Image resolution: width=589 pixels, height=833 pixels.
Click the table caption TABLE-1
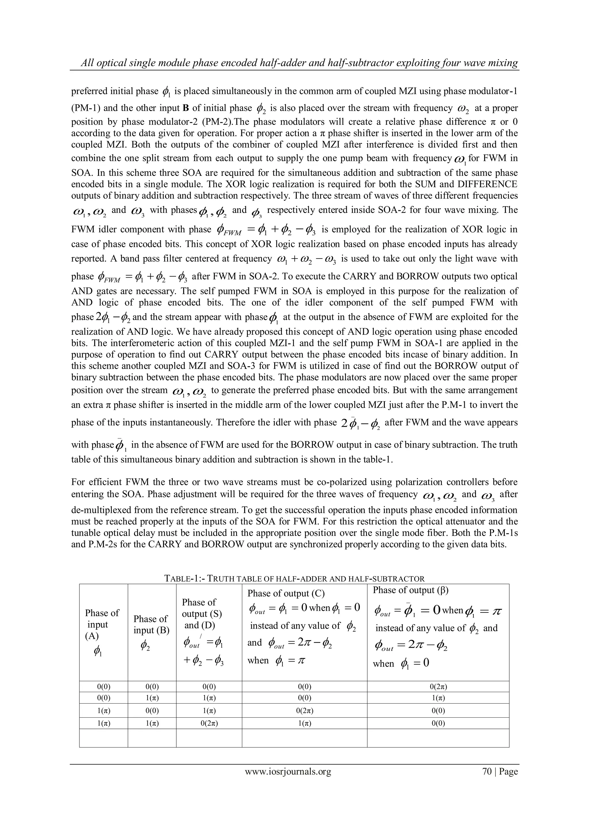[x=185, y=579]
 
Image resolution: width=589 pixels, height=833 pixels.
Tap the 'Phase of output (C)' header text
[x=286, y=593]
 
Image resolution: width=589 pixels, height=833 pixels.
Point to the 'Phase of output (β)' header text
[x=411, y=590]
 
